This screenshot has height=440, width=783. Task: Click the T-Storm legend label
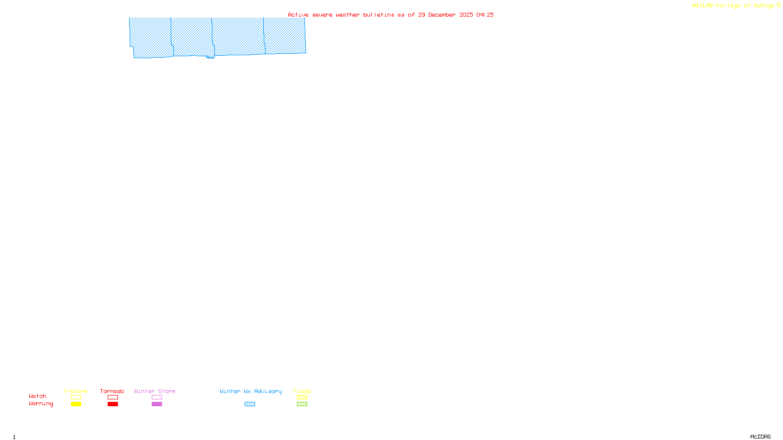point(75,391)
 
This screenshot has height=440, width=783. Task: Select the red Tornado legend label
point(112,391)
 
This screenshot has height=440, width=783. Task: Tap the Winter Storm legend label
point(155,391)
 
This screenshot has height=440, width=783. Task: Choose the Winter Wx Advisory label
point(251,391)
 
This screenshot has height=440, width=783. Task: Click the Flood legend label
point(302,391)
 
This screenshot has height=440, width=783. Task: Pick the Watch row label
point(38,396)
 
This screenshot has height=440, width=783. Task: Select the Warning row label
point(41,404)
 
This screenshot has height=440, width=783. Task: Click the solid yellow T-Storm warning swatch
point(76,404)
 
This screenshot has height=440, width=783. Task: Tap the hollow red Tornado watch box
point(113,397)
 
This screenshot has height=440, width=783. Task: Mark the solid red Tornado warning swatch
point(113,404)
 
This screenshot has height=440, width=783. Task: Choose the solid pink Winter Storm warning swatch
point(157,404)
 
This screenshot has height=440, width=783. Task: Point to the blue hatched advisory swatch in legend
point(250,404)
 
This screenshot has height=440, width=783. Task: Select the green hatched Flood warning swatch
point(302,404)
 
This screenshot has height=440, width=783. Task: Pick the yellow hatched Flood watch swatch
point(302,397)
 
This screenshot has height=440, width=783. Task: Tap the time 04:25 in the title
point(485,15)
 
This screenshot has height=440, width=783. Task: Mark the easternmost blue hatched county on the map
point(285,35)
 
